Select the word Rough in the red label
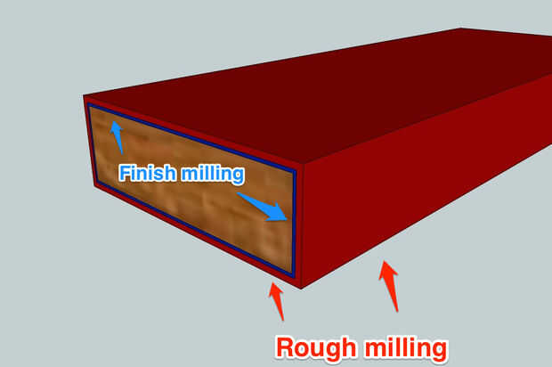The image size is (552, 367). click(x=313, y=347)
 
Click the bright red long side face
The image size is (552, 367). click(x=418, y=178)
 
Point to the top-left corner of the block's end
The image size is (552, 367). click(x=84, y=96)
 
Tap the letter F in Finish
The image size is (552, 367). click(x=125, y=173)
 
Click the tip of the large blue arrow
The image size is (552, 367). click(x=288, y=219)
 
